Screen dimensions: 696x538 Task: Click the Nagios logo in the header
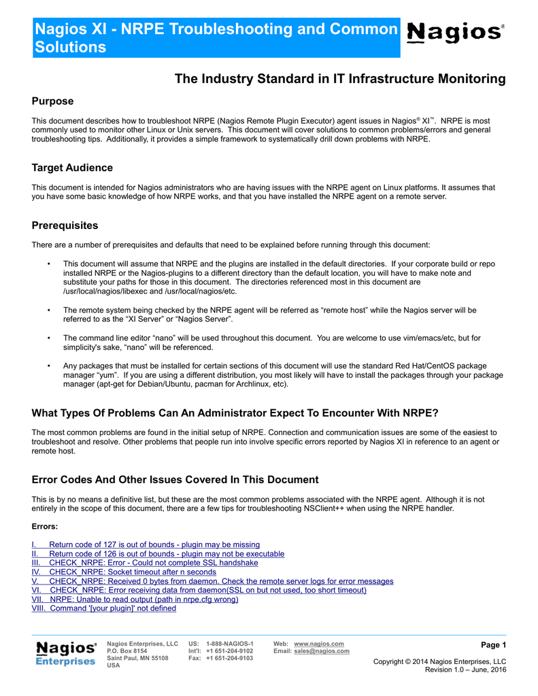(x=455, y=33)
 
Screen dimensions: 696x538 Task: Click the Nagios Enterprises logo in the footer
(x=66, y=653)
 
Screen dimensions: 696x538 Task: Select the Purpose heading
(x=53, y=101)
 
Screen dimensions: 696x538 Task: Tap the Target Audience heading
(x=73, y=168)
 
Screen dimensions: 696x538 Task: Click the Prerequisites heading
(x=65, y=226)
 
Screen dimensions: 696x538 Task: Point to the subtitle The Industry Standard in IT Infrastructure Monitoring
(x=340, y=79)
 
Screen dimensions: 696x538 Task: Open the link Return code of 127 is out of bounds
(x=146, y=544)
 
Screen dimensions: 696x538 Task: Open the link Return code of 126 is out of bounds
(x=158, y=554)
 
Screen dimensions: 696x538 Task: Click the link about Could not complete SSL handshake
(x=146, y=563)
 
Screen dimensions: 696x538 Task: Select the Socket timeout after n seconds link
(x=124, y=572)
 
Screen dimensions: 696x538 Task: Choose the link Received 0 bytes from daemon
(x=213, y=581)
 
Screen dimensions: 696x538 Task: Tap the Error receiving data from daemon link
(x=199, y=590)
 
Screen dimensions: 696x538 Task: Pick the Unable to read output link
(x=135, y=599)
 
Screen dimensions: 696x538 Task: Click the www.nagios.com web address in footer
(x=318, y=644)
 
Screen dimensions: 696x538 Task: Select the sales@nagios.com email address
(x=322, y=651)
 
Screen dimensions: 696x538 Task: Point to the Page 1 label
(x=493, y=644)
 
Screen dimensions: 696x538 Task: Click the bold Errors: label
(x=45, y=526)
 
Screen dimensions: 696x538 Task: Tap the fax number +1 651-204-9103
(x=229, y=659)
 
